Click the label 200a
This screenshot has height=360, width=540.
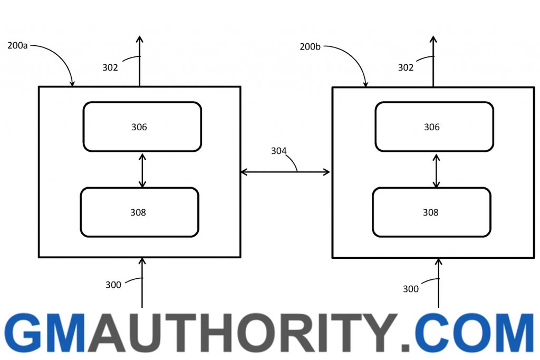pos(17,45)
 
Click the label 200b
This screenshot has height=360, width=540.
pos(310,46)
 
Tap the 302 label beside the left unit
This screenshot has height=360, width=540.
pos(110,67)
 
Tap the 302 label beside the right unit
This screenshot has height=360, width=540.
pos(406,67)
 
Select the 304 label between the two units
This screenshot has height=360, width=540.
pos(278,151)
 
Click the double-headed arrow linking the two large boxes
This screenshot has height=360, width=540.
pos(285,172)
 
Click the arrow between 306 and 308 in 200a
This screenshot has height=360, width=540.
pos(142,171)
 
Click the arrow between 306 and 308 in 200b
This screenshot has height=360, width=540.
pos(436,171)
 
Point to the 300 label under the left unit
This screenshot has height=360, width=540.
pos(113,285)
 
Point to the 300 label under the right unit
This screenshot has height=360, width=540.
pos(411,289)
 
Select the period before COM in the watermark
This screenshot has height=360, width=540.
pos(406,347)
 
